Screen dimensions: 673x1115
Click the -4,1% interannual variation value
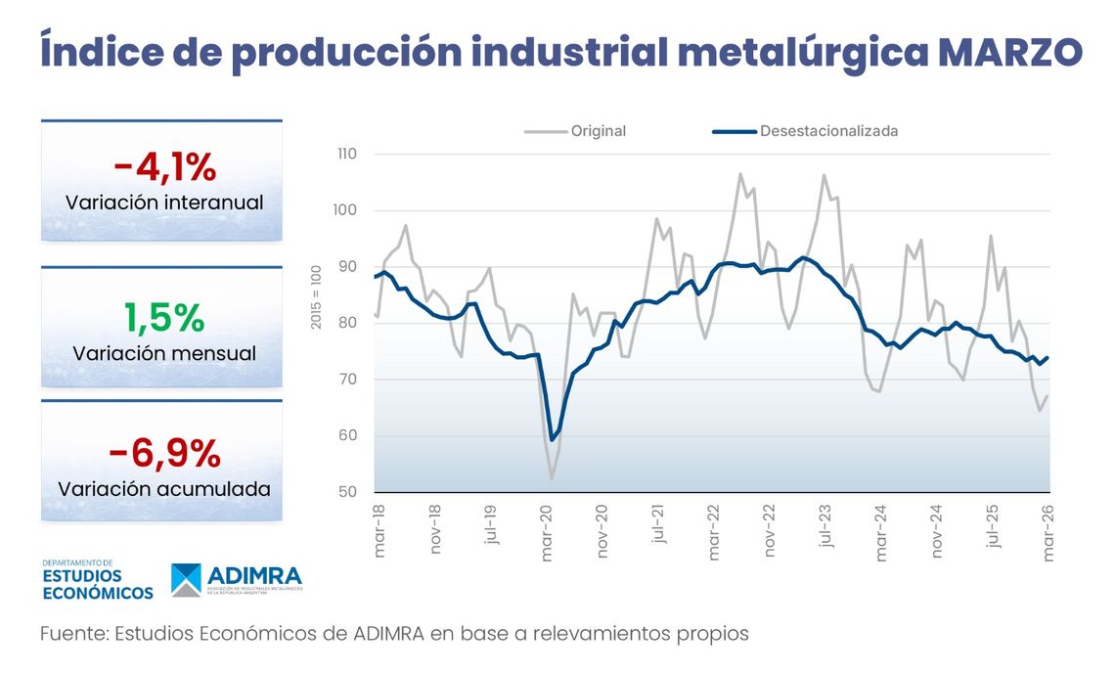[x=163, y=167]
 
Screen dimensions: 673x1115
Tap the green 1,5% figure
[x=163, y=317]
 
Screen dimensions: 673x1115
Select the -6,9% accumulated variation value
[x=163, y=453]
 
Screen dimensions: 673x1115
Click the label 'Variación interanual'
[x=164, y=203]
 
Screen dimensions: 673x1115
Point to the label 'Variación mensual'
[x=164, y=353]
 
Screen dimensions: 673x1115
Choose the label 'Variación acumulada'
[x=164, y=488]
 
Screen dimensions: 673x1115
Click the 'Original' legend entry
[x=598, y=131]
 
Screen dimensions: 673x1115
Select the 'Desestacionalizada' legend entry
[x=828, y=131]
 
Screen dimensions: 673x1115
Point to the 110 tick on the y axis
[x=347, y=155]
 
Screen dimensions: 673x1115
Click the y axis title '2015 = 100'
[x=316, y=295]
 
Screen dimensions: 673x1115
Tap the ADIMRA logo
[x=237, y=579]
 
